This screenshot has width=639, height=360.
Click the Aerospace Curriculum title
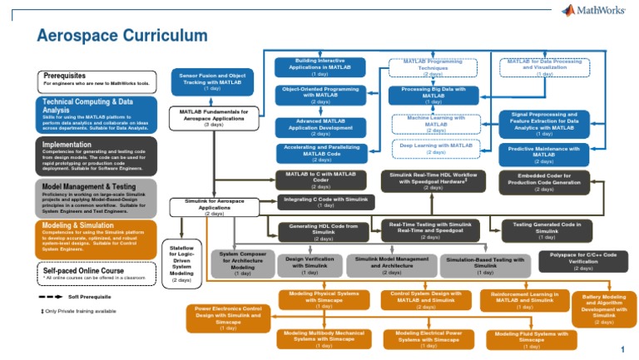point(121,35)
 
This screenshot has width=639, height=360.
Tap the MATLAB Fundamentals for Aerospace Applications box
point(213,117)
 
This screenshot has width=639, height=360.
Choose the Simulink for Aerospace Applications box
point(214,207)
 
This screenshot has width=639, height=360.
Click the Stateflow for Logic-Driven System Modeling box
point(181,264)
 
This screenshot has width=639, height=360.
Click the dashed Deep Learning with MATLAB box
point(436,148)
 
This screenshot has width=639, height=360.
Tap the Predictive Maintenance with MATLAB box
point(543,154)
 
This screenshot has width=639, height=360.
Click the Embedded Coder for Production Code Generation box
point(544,182)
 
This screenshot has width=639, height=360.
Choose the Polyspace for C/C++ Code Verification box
point(582,261)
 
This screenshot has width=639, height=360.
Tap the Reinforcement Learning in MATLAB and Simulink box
point(524,300)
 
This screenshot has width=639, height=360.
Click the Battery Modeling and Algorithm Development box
point(604,308)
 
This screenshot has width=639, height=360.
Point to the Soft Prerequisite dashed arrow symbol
point(51,296)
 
